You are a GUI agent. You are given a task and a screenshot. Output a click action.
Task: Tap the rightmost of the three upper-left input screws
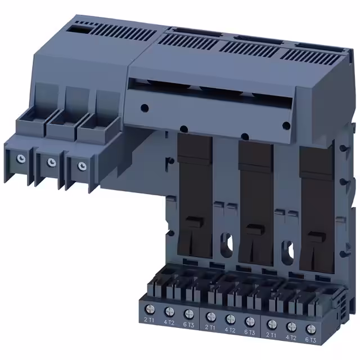tap(83, 166)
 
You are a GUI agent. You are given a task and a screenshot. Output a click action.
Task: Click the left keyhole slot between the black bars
tap(227, 239)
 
